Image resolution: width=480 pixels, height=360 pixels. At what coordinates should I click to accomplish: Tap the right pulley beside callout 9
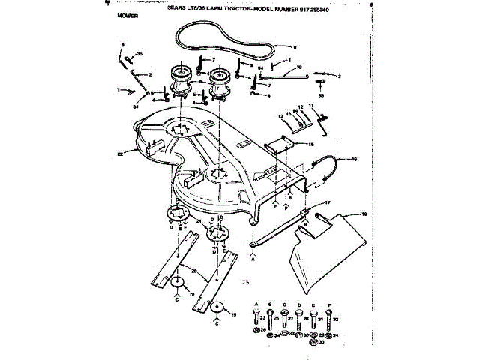pos(220,74)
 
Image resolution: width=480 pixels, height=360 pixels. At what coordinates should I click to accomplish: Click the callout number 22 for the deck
pos(120,154)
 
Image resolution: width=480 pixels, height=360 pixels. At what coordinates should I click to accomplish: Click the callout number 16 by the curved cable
pos(354,160)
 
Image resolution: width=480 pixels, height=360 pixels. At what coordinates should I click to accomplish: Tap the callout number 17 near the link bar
pos(327,203)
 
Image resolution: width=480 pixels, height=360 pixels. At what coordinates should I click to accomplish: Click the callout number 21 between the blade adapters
pos(198,222)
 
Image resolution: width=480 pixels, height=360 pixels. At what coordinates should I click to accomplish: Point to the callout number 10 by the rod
pos(298,68)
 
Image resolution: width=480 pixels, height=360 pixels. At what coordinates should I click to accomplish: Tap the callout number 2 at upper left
pos(149,75)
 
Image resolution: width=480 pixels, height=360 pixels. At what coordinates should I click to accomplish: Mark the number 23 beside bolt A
pos(264,319)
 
